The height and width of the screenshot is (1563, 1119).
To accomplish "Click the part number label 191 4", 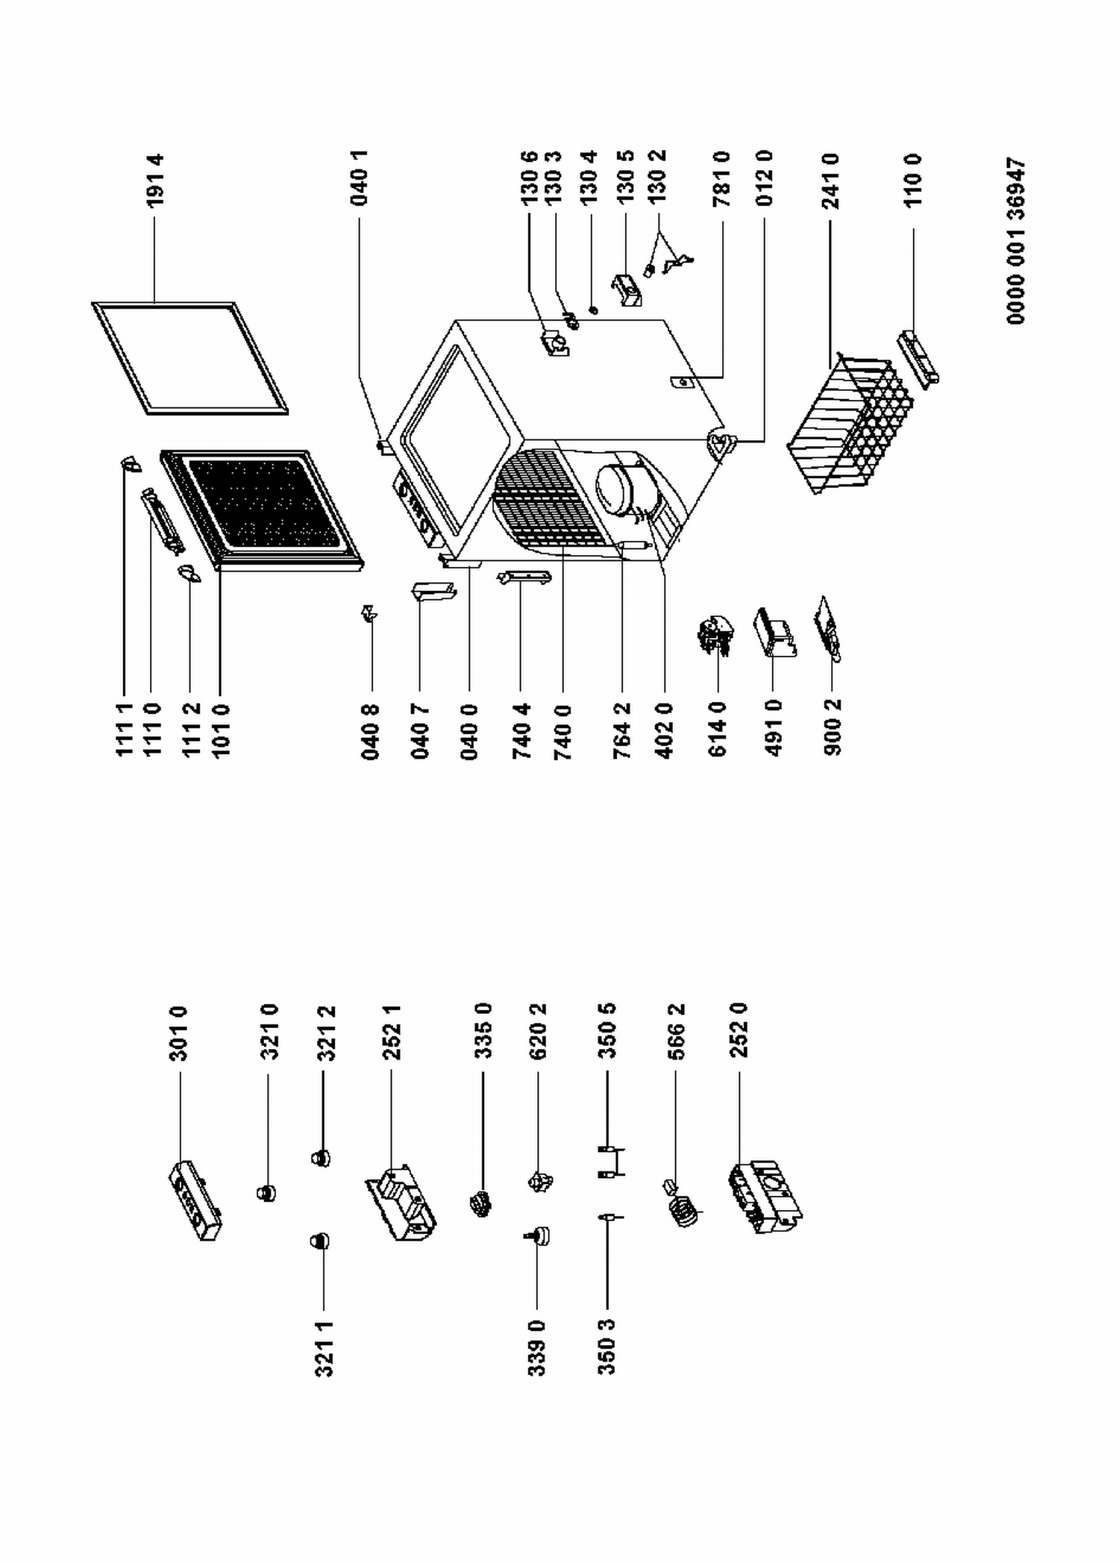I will [155, 181].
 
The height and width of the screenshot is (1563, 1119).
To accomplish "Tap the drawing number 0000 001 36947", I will [1015, 240].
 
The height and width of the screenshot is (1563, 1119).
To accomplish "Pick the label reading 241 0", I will [831, 181].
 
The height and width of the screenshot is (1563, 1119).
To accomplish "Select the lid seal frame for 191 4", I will [189, 358].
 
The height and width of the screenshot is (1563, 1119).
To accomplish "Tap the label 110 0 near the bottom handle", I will [913, 180].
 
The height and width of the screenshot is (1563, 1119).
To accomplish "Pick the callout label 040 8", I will [371, 731].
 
